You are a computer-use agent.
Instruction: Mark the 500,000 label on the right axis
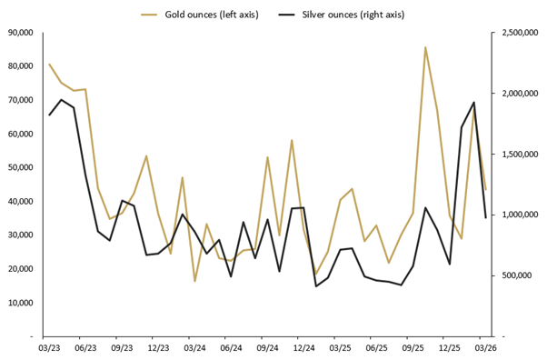(514, 275)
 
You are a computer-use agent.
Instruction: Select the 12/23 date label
(158, 347)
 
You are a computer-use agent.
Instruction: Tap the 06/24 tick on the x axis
(231, 347)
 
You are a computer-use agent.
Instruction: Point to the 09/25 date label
(413, 347)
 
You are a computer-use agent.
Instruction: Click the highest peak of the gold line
(425, 47)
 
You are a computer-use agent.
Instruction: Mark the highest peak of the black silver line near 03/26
(473, 103)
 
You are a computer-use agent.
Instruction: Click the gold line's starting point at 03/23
(49, 65)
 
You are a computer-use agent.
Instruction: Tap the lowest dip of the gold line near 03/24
(194, 281)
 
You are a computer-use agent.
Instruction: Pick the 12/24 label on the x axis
(303, 347)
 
